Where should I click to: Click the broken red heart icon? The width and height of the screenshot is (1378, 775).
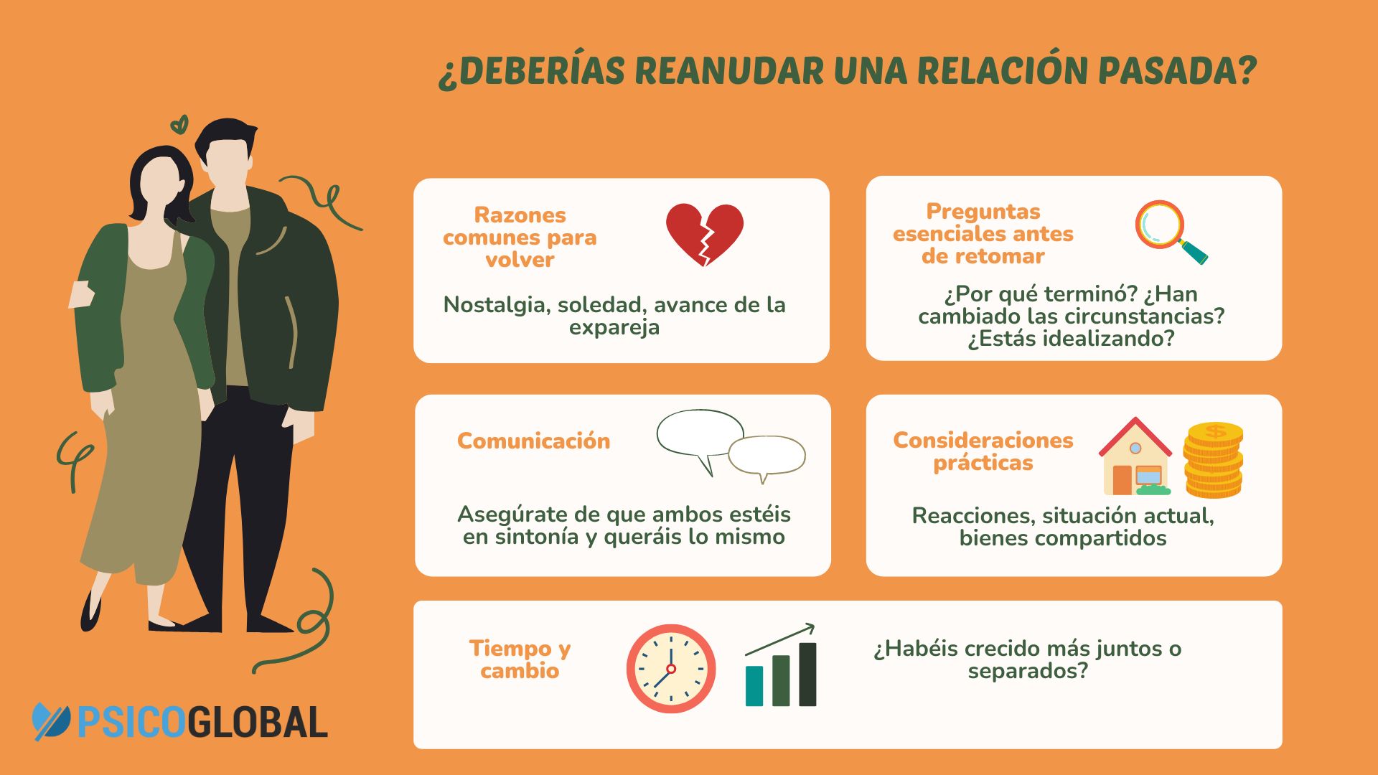coord(704,233)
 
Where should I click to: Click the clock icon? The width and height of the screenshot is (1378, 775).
coord(670,668)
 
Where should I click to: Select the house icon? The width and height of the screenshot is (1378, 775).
coord(1135,459)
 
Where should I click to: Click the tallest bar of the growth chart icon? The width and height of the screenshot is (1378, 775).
coord(807,674)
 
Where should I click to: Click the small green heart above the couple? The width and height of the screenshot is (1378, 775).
coord(179,125)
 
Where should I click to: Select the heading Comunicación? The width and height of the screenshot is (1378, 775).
coord(533,441)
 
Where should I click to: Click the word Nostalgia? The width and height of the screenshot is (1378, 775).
coord(495,305)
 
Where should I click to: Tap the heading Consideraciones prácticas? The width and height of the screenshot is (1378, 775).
coord(983,451)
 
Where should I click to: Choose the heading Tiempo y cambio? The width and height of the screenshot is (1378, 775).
coord(520,659)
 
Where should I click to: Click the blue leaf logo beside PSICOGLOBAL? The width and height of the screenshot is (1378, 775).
coord(51,721)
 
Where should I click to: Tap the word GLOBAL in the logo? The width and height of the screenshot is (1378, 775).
coord(259,722)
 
